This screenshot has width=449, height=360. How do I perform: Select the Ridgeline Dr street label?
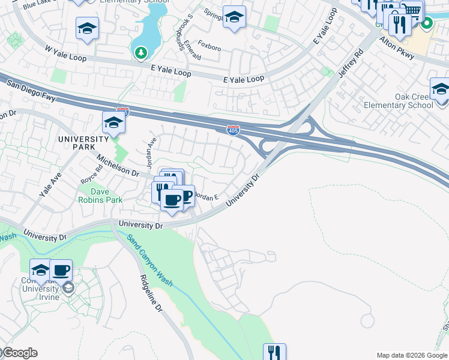(x=151, y=293)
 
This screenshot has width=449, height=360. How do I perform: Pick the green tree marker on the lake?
(x=141, y=53)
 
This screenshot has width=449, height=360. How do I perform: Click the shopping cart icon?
(x=412, y=10)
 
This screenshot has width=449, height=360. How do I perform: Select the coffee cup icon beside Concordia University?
(x=61, y=271)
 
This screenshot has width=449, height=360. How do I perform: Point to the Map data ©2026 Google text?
(x=412, y=355)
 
